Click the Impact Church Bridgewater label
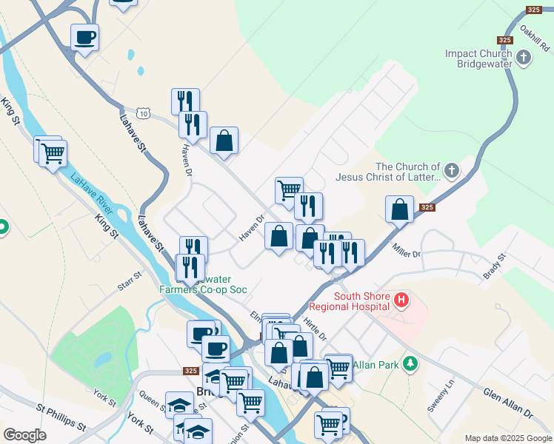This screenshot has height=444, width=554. click(478, 59)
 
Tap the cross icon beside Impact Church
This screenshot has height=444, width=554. click(524, 57)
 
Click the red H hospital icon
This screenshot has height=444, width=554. click(401, 300)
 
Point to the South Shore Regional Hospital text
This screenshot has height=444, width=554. click(361, 301)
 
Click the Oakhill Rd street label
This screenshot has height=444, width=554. click(531, 33)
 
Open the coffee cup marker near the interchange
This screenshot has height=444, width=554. click(85, 36)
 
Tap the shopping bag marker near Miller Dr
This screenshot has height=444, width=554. click(400, 209)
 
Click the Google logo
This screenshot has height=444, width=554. click(24, 435)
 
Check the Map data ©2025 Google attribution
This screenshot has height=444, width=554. click(507, 438)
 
